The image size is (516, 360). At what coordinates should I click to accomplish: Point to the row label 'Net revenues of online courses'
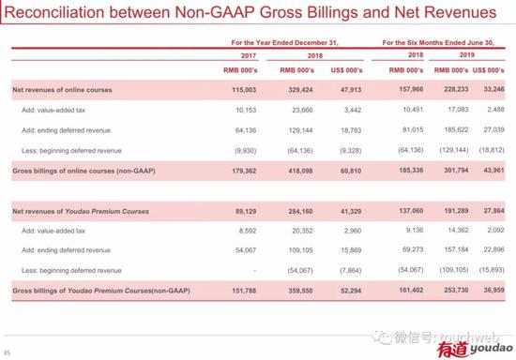point(62,89)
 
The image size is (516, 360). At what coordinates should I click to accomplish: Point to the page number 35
point(7,352)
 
